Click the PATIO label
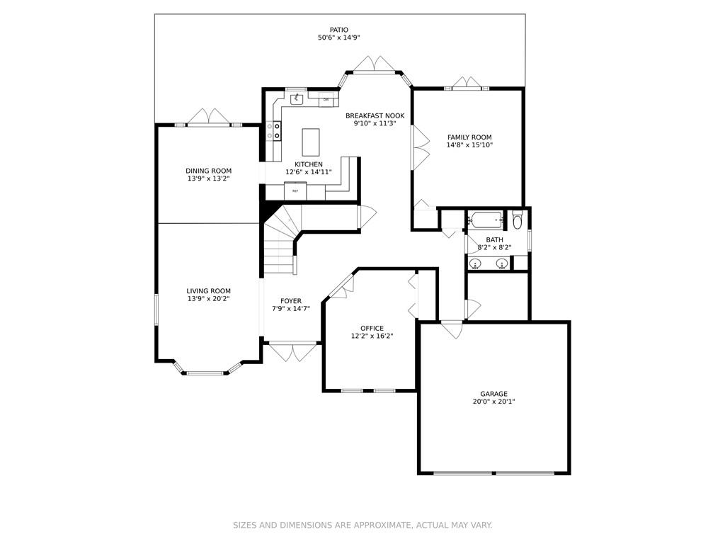(339, 30)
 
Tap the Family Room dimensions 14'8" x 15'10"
(469, 144)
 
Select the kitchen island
(311, 142)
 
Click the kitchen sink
(296, 98)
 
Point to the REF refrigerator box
(295, 191)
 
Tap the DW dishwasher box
(326, 99)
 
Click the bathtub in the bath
(485, 220)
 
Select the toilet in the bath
(517, 220)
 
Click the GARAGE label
(493, 394)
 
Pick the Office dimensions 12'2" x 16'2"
(372, 336)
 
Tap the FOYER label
(291, 300)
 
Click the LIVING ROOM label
(209, 291)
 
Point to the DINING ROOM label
(209, 171)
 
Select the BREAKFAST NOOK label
(375, 115)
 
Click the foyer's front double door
(292, 351)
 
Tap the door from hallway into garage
(451, 329)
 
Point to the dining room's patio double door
(209, 117)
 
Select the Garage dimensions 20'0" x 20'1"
(493, 402)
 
